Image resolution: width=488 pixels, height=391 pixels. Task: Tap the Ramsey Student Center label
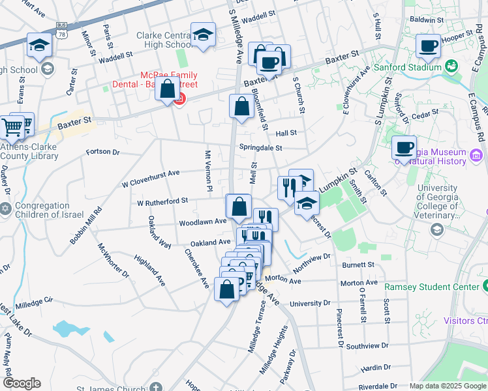[441, 287]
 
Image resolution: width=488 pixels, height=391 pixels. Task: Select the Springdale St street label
[260, 148]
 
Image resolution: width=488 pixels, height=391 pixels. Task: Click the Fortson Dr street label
[103, 152]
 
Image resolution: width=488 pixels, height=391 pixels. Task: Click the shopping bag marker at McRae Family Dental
[168, 89]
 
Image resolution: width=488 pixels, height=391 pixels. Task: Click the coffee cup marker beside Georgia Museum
[404, 147]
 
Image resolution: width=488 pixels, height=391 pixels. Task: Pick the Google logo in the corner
[22, 383]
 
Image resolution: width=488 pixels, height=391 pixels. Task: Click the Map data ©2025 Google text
[447, 386]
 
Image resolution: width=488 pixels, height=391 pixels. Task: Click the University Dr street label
[310, 304]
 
